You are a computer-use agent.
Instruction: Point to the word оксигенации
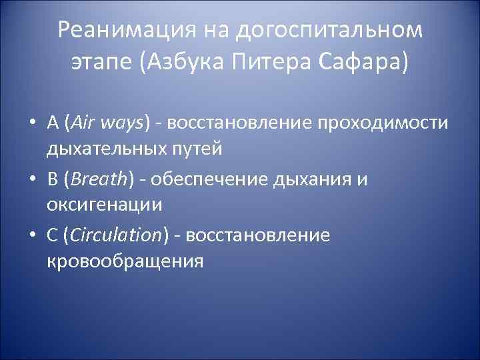[x=104, y=205]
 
